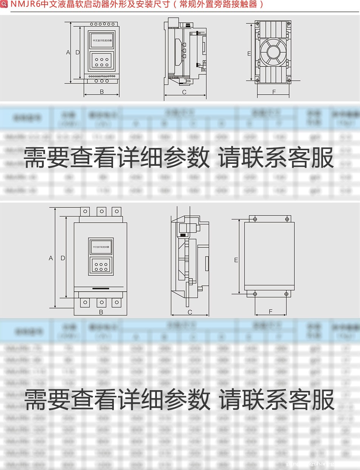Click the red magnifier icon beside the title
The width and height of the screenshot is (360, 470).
[x=5, y=5]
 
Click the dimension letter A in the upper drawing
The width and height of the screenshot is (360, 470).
[x=68, y=52]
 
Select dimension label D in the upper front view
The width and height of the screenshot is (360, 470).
[x=78, y=52]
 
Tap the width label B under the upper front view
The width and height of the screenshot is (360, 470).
[x=102, y=92]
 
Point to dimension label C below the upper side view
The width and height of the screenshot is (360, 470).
[x=184, y=92]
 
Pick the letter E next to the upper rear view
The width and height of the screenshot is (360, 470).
[x=249, y=53]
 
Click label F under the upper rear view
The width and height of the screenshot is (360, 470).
[x=274, y=92]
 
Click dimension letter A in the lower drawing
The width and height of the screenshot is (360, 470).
[x=51, y=258]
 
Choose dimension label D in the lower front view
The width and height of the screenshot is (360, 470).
[x=63, y=258]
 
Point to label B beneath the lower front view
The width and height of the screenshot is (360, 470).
[x=101, y=312]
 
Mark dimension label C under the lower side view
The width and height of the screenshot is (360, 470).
[x=190, y=312]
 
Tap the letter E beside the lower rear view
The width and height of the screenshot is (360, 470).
[x=236, y=260]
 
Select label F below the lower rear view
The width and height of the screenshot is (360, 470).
[x=271, y=311]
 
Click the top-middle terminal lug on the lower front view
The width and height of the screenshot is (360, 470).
[x=101, y=211]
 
